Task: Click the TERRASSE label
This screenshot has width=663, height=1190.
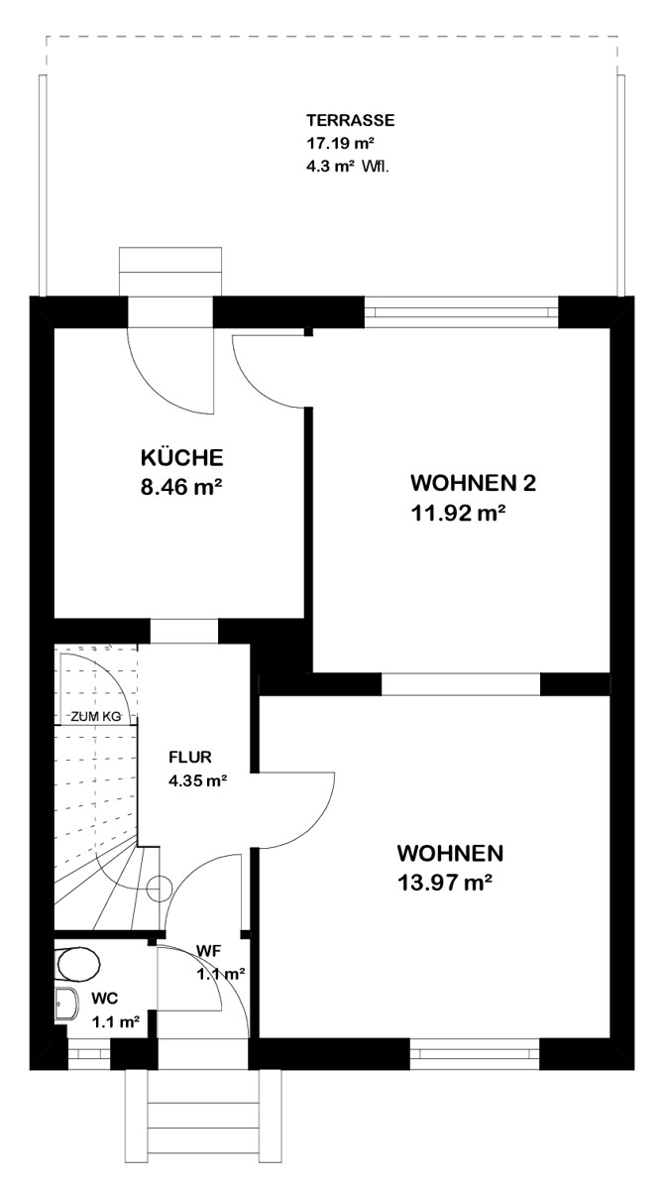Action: (351, 121)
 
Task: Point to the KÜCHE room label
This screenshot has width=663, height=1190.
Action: (182, 457)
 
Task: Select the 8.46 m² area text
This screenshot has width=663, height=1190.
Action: (181, 487)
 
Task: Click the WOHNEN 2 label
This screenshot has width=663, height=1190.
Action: (474, 484)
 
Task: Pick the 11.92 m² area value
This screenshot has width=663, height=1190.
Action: (458, 514)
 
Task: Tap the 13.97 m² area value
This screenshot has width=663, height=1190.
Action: (444, 883)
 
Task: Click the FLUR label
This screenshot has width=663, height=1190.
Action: (190, 757)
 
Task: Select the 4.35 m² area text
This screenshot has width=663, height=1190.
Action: (198, 781)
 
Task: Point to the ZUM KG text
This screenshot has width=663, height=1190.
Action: (96, 716)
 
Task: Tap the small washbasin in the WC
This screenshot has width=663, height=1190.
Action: (66, 1004)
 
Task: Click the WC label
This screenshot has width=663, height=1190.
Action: (105, 999)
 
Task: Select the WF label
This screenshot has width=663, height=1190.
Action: (209, 951)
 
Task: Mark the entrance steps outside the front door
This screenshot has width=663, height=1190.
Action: (203, 1115)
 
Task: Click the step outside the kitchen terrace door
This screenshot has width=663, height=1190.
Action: (170, 271)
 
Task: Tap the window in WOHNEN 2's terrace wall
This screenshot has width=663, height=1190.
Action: (461, 311)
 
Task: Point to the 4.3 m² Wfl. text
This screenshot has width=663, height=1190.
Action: (348, 167)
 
